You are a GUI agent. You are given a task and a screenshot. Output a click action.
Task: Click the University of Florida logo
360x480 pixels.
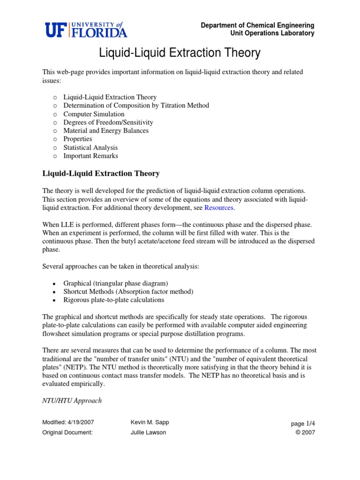(86, 30)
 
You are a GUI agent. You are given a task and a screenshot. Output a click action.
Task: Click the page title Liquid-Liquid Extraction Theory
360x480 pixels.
(180, 53)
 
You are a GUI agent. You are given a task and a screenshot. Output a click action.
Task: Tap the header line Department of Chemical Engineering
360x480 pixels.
(257, 25)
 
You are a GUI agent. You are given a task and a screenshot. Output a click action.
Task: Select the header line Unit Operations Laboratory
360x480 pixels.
(271, 33)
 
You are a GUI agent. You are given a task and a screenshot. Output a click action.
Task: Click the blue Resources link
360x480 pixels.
(220, 208)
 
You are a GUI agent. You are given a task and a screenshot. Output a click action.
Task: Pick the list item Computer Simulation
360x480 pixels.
(94, 114)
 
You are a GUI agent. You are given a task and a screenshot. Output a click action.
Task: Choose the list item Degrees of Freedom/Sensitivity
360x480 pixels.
(108, 122)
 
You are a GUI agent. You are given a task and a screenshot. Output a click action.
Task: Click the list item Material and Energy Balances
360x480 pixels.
(106, 131)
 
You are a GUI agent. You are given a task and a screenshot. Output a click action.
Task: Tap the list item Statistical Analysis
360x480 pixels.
(90, 148)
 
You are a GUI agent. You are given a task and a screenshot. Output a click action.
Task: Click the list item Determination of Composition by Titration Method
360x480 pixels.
(136, 105)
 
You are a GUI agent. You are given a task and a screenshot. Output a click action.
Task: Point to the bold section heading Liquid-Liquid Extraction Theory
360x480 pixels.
(101, 174)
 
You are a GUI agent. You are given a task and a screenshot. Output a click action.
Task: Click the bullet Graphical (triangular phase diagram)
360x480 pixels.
(115, 283)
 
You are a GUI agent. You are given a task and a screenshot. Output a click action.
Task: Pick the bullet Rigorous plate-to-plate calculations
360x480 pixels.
(113, 300)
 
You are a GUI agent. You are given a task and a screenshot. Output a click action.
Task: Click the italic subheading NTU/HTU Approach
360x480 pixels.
(72, 401)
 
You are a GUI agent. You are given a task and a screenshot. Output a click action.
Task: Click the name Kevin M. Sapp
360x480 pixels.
(150, 422)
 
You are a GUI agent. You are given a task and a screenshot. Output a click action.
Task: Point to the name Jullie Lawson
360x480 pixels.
(148, 432)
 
